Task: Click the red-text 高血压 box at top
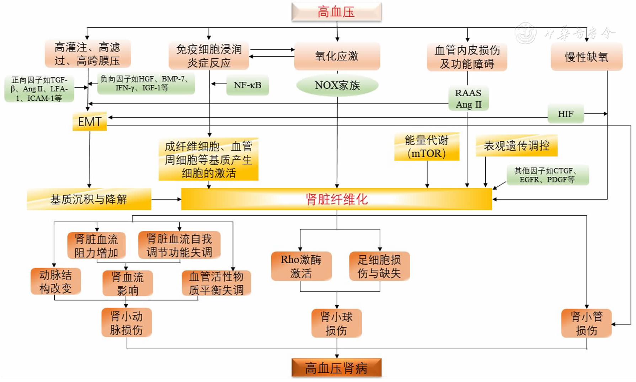(x=336, y=12)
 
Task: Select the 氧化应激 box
(x=337, y=56)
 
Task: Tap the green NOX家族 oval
(x=337, y=85)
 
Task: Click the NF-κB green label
(x=247, y=85)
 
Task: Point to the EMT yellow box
(x=90, y=122)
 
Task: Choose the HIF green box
(x=565, y=114)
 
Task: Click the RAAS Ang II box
(x=468, y=99)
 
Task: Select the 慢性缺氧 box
(x=586, y=57)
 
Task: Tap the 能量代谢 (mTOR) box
(x=426, y=147)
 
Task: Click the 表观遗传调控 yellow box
(x=516, y=145)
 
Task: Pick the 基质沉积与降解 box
(x=89, y=199)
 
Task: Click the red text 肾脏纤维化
(x=336, y=199)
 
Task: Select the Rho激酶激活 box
(x=301, y=266)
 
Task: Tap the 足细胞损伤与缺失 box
(x=379, y=266)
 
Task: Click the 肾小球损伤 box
(x=336, y=323)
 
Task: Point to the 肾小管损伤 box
(x=586, y=323)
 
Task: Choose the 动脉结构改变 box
(x=55, y=281)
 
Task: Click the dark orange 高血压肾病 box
(x=336, y=368)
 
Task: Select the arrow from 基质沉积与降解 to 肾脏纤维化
(x=166, y=199)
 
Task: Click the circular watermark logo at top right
(x=525, y=33)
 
